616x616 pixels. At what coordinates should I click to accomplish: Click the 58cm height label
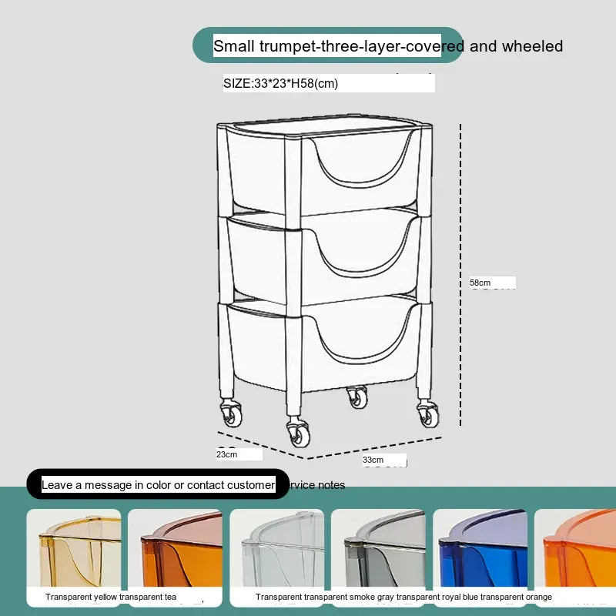480,283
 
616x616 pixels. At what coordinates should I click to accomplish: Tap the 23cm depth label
226,454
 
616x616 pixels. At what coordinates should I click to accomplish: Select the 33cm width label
373,460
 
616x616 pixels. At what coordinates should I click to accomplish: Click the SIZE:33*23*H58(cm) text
280,83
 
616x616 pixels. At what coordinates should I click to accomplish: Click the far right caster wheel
428,413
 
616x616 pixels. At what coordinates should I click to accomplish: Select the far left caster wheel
231,413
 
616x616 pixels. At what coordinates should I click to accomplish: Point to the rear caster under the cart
357,397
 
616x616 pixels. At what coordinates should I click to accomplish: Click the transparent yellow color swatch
74,548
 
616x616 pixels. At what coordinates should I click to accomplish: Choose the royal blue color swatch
480,548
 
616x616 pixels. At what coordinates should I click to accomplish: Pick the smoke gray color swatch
378,548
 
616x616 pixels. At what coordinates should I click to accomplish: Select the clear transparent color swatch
277,548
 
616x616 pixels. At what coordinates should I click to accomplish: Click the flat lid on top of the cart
325,126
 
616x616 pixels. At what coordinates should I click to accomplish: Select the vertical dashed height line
460,275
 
